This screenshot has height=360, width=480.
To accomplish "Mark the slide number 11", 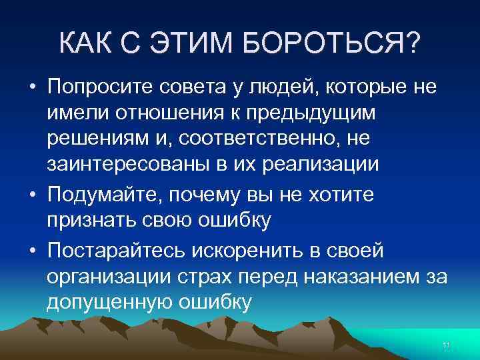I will (447, 345).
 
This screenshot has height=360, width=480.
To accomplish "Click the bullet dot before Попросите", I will (31, 88).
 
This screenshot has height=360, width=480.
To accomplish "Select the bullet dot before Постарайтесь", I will (31, 252).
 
